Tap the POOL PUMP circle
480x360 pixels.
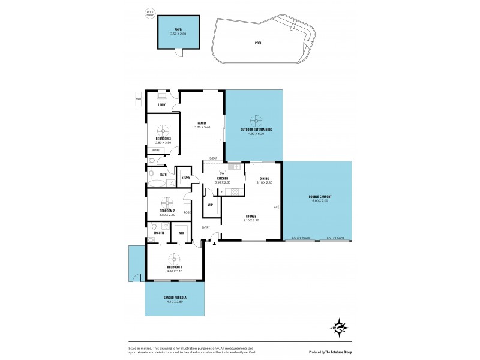pyautogui.click(x=150, y=12)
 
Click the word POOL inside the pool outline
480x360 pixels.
pyautogui.click(x=258, y=43)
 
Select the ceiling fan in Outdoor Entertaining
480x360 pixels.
pyautogui.click(x=254, y=120)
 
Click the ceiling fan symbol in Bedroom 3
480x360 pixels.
pyautogui.click(x=163, y=131)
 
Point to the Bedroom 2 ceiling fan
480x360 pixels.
pyautogui.click(x=167, y=202)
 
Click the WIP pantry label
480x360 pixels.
pyautogui.click(x=210, y=205)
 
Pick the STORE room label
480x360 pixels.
pyautogui.click(x=186, y=178)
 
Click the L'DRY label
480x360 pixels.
pyautogui.click(x=161, y=105)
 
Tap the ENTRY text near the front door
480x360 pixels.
pyautogui.click(x=206, y=227)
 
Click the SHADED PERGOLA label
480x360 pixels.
pyautogui.click(x=175, y=298)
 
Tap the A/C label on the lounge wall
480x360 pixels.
pyautogui.click(x=276, y=208)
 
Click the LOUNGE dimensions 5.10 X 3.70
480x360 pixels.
pyautogui.click(x=251, y=220)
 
